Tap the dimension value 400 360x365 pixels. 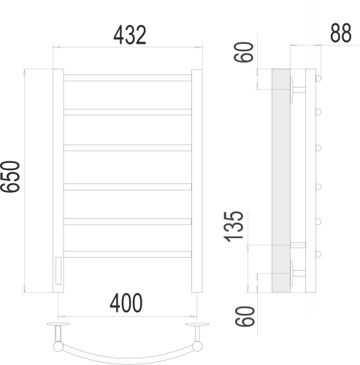tap(126, 301)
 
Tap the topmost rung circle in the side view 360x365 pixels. tap(318, 75)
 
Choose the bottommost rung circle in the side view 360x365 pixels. tap(318, 253)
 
